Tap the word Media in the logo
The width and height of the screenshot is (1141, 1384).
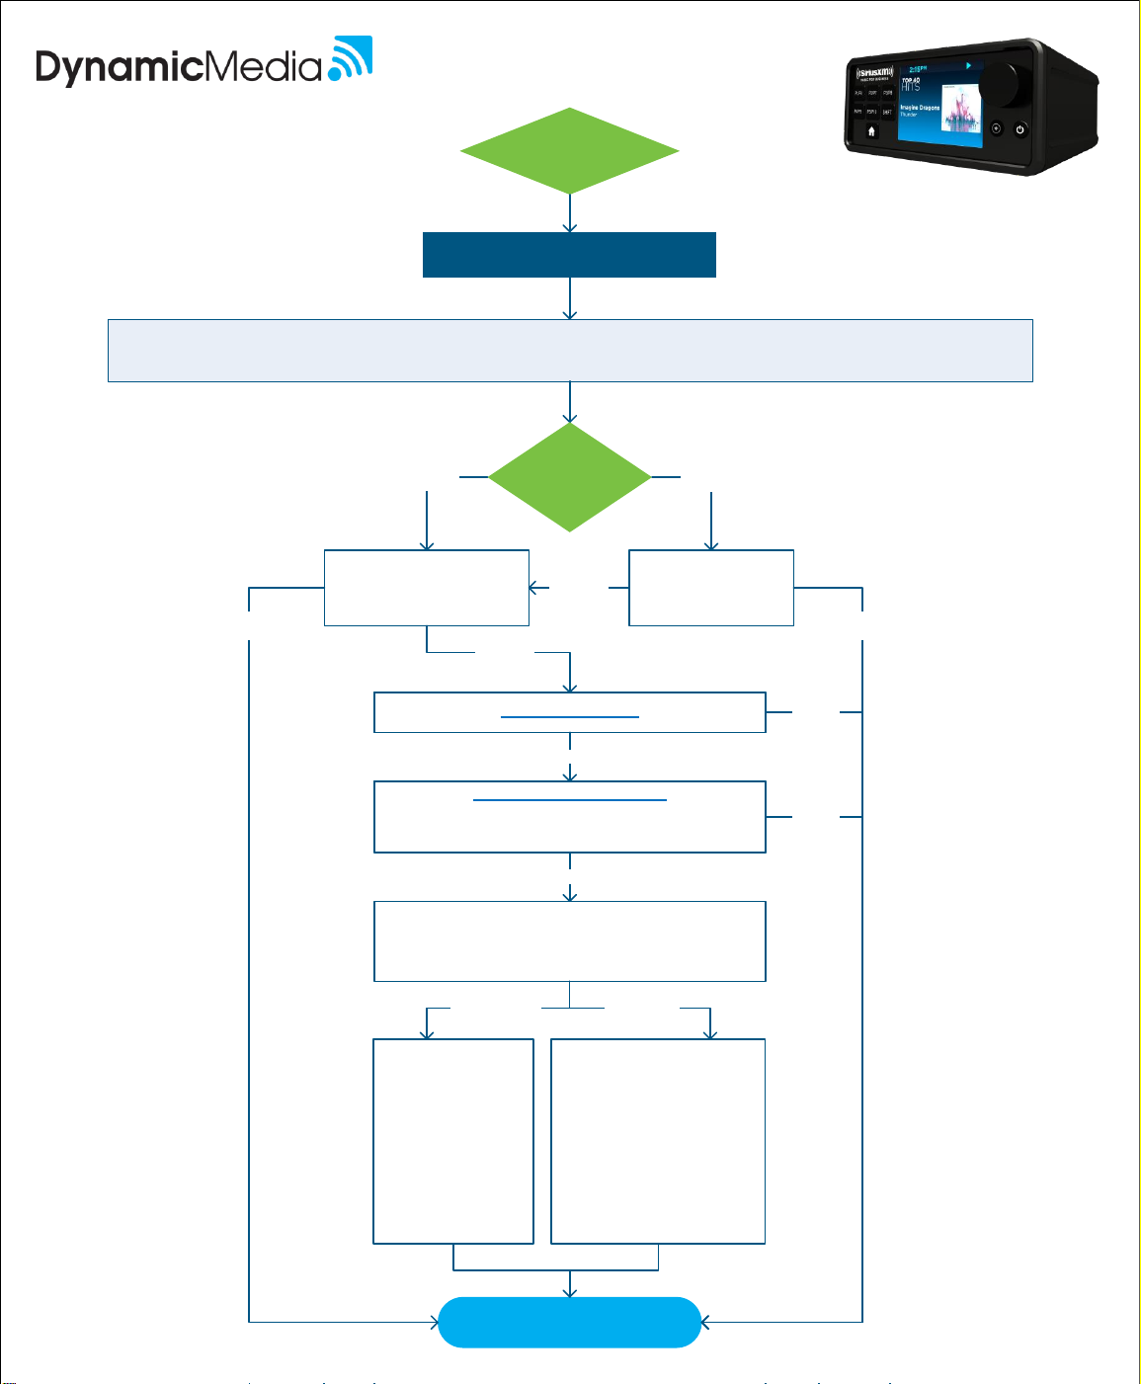tap(263, 66)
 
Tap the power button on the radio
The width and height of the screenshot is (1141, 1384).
tap(1019, 129)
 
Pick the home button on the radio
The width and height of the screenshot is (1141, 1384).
tap(871, 130)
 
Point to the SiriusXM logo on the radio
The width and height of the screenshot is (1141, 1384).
tap(871, 73)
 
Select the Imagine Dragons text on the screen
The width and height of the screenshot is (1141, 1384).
tap(919, 108)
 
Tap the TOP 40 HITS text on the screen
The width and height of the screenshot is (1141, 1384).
tap(911, 84)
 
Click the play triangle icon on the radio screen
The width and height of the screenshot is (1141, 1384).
tap(968, 66)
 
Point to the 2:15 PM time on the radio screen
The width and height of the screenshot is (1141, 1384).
tap(918, 70)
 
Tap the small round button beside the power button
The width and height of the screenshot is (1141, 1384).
tap(996, 128)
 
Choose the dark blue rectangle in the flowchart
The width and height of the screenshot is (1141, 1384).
tap(569, 255)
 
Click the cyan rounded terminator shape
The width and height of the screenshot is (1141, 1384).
tap(569, 1322)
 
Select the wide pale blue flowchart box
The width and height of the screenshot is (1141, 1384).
tap(569, 350)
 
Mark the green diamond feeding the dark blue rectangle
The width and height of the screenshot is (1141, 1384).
tap(569, 151)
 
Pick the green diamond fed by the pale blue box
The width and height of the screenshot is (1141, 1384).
tap(569, 477)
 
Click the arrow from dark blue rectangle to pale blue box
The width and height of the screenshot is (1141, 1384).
tap(570, 298)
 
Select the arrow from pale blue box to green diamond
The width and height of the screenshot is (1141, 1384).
tap(570, 403)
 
